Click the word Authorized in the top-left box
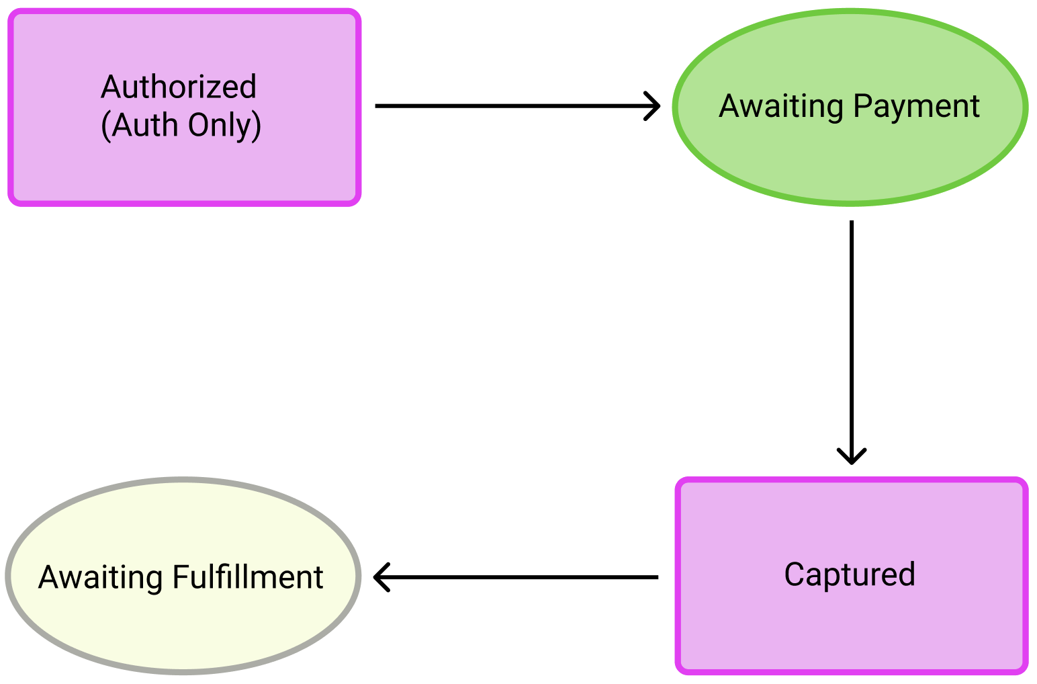(179, 87)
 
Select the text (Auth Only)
(181, 126)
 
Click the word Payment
(916, 106)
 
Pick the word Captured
(850, 574)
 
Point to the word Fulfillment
(248, 577)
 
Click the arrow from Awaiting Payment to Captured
(852, 336)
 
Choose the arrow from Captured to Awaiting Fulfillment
(517, 576)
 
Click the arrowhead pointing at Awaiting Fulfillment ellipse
(380, 576)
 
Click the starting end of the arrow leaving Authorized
(378, 105)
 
